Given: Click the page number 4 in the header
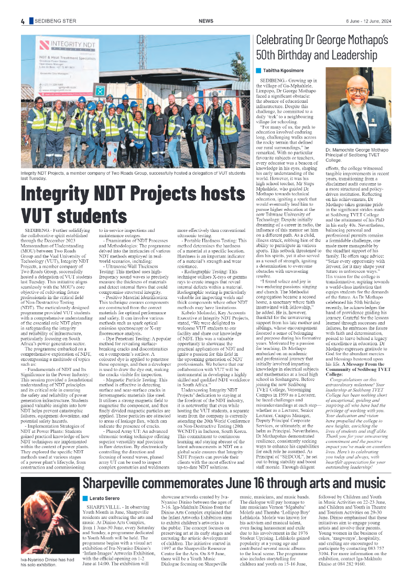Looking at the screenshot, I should click(23, 21).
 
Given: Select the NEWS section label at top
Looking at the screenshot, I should click(205, 21).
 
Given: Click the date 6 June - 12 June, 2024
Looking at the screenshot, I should click(368, 21).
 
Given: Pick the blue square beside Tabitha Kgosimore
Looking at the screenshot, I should click(258, 70).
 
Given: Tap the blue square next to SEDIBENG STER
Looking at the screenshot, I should click(31, 21).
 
